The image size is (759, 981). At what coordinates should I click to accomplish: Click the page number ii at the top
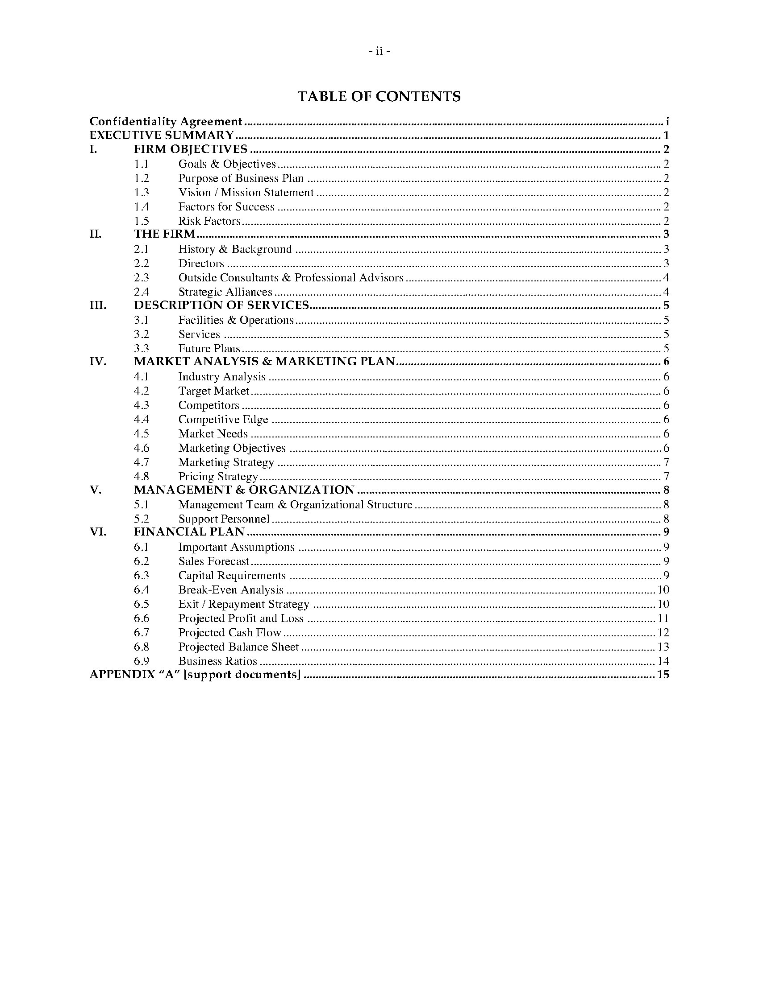click(x=379, y=52)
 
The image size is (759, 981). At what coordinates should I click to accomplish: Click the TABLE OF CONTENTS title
click(x=379, y=96)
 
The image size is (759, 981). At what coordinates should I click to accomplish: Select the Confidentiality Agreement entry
click(x=166, y=121)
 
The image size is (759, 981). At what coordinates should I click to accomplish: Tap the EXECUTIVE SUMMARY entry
click(x=162, y=135)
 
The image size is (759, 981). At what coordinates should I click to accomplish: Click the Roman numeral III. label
click(x=98, y=305)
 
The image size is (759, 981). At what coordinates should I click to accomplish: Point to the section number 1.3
click(x=141, y=193)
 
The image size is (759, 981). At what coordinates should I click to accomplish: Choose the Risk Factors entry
click(x=209, y=221)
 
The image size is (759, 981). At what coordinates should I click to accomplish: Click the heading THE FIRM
click(x=165, y=234)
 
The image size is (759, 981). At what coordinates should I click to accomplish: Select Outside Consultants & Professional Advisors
click(x=291, y=278)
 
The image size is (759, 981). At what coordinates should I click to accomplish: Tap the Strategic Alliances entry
click(x=225, y=292)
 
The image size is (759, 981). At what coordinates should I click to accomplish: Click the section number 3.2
click(x=141, y=334)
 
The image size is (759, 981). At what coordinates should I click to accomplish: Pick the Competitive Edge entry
click(x=223, y=420)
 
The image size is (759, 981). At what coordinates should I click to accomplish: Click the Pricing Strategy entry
click(x=218, y=476)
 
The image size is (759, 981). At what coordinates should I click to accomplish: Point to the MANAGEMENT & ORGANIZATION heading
click(x=244, y=490)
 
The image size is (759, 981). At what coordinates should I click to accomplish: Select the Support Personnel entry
click(x=224, y=519)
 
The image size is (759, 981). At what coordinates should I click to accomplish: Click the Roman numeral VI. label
click(x=98, y=532)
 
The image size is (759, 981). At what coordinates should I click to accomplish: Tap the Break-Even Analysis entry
click(x=231, y=590)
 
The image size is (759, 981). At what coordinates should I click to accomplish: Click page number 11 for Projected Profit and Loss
click(x=663, y=618)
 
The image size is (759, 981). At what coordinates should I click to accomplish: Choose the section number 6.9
click(x=141, y=661)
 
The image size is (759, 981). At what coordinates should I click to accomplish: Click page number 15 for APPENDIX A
click(x=663, y=675)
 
